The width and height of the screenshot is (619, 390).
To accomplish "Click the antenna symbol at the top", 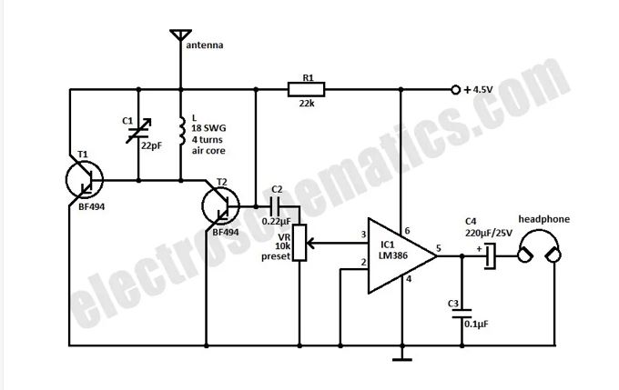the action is click(x=181, y=35).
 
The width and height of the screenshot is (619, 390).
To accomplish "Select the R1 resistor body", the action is click(x=307, y=89).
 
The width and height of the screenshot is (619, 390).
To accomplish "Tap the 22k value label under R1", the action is click(x=307, y=104).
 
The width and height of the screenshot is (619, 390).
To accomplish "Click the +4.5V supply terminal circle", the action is click(x=455, y=90).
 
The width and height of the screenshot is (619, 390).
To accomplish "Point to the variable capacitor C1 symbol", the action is click(x=138, y=131).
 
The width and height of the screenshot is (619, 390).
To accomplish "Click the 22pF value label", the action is click(x=152, y=145).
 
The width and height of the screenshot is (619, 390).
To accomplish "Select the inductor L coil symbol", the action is click(x=181, y=131).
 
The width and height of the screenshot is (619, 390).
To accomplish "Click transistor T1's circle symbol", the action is click(x=85, y=180).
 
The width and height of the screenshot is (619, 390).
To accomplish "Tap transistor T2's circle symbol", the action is click(x=220, y=206).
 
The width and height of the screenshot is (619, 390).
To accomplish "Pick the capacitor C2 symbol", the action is click(x=275, y=205).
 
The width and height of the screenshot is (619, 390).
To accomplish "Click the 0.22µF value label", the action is click(x=277, y=222).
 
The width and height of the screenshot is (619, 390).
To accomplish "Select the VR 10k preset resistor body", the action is click(x=299, y=243).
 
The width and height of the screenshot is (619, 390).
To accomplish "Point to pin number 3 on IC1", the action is click(x=363, y=235).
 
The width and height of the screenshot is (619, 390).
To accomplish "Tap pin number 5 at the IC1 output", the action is click(x=438, y=248).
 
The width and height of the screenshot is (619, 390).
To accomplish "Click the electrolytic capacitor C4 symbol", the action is click(x=490, y=256).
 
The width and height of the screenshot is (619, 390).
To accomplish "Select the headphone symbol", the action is click(x=539, y=245).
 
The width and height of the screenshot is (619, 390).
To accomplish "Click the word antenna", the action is click(x=205, y=45).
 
